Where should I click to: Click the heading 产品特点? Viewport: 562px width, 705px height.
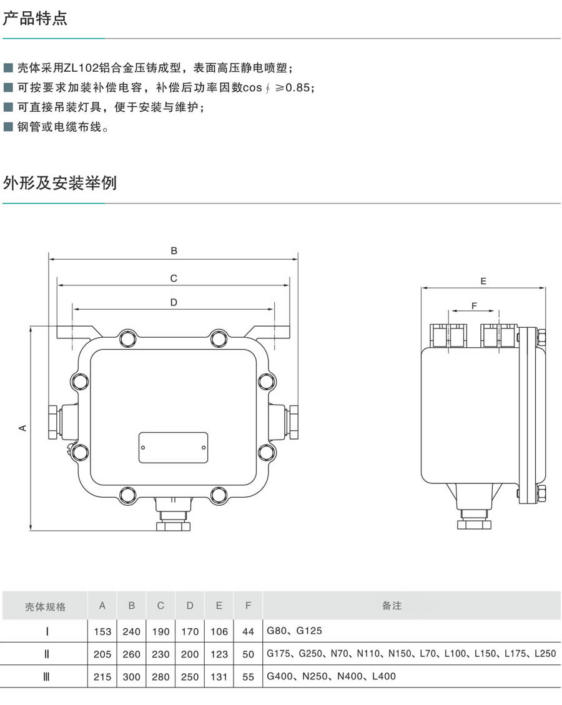[x=36, y=19]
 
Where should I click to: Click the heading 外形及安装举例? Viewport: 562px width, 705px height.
[x=60, y=183]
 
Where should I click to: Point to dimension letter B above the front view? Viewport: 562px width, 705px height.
[x=174, y=251]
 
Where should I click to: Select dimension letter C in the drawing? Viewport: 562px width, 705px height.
[x=174, y=279]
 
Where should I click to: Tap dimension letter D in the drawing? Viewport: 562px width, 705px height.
[x=174, y=302]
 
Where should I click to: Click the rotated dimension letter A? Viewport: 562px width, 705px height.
[x=22, y=428]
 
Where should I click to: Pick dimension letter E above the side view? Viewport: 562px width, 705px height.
[x=483, y=281]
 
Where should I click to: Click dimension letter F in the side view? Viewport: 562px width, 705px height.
[x=473, y=305]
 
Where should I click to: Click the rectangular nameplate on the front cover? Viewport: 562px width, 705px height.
[x=173, y=448]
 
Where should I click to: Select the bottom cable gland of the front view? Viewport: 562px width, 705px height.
[x=173, y=518]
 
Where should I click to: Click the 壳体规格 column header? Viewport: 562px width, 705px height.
[x=45, y=606]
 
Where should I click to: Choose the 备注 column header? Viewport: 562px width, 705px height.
[x=392, y=606]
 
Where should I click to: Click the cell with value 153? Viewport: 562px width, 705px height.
[x=102, y=631]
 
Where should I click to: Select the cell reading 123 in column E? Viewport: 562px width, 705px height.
[x=219, y=654]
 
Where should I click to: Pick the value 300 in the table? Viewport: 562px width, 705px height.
[x=132, y=676]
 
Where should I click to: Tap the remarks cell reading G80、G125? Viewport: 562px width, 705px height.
[x=294, y=631]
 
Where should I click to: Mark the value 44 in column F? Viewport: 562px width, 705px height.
[x=248, y=631]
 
